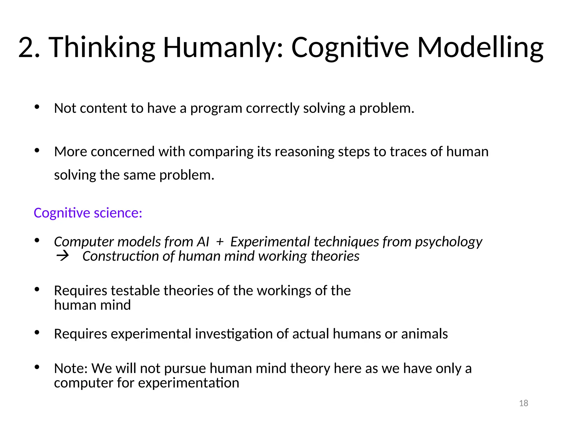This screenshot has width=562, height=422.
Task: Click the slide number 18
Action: pos(524,403)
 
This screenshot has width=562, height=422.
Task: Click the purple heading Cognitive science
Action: pos(88,213)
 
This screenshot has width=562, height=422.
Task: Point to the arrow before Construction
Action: pos(63,256)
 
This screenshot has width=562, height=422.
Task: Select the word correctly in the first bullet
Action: pos(273,108)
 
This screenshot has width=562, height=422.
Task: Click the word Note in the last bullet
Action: pos(70,368)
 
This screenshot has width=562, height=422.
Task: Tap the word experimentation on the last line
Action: pos(189,383)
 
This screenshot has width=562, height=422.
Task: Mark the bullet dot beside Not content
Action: pos(37,107)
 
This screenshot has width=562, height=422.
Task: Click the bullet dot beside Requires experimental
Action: pos(37,333)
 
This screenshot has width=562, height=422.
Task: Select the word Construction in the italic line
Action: pos(121,256)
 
